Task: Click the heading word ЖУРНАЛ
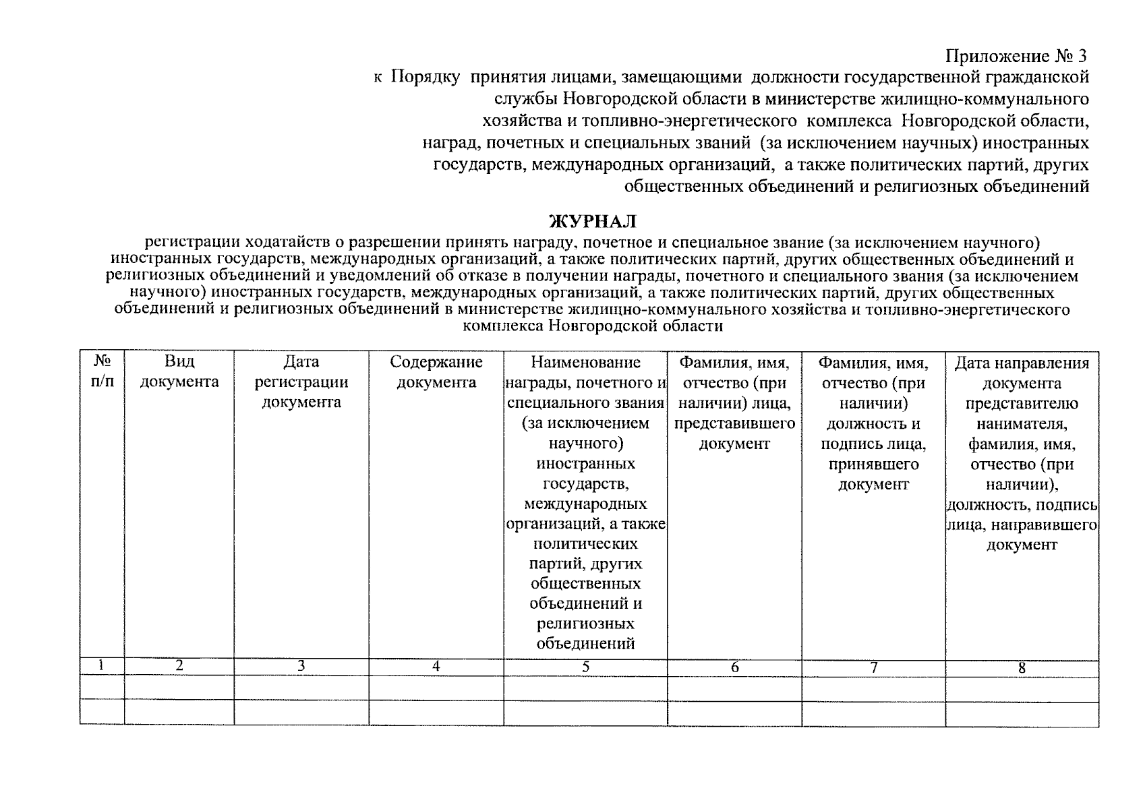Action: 591,221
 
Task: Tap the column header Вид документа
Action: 179,372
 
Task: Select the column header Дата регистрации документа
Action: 301,382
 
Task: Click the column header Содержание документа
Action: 436,372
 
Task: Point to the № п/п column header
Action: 102,372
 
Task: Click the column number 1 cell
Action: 101,665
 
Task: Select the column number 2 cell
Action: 179,665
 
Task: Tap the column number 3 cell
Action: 301,666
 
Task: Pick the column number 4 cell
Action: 436,666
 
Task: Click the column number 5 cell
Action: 585,667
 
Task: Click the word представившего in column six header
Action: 734,424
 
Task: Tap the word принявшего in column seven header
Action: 873,465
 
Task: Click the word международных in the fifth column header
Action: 585,504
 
